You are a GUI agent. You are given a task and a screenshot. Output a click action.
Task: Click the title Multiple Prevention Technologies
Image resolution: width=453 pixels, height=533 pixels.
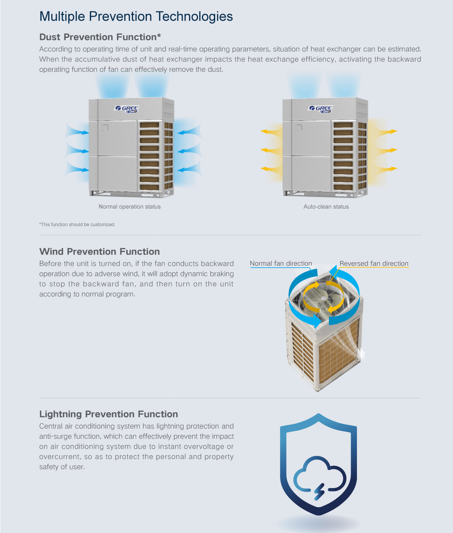[x=136, y=16]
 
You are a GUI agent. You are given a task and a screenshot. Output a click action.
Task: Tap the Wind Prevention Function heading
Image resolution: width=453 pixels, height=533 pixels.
[x=100, y=252]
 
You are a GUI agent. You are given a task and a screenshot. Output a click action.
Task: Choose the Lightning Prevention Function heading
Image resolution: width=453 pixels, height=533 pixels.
[x=109, y=414]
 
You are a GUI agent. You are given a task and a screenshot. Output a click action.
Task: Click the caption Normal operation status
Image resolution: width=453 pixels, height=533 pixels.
[x=130, y=207]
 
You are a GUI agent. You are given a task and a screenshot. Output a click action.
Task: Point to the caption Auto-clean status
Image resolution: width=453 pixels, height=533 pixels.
[x=326, y=207]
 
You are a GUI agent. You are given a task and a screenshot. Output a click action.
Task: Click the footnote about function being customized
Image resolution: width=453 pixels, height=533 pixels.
[x=77, y=225]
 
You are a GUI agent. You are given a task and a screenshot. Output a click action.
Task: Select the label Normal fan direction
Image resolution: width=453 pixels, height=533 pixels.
[x=281, y=263]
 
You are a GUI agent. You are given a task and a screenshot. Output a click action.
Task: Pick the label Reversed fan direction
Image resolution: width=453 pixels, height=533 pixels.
[x=374, y=263]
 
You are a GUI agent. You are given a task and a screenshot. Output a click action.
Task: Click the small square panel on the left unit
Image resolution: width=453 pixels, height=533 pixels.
[x=104, y=127]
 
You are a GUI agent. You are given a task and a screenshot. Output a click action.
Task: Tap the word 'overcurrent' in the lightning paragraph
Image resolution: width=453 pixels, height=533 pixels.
[x=59, y=457]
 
